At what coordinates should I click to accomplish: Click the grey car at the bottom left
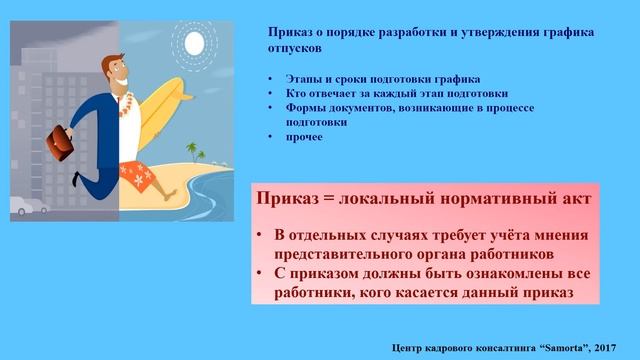25,207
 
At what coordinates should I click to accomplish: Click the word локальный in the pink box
388,199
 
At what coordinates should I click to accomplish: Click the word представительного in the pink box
356,253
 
